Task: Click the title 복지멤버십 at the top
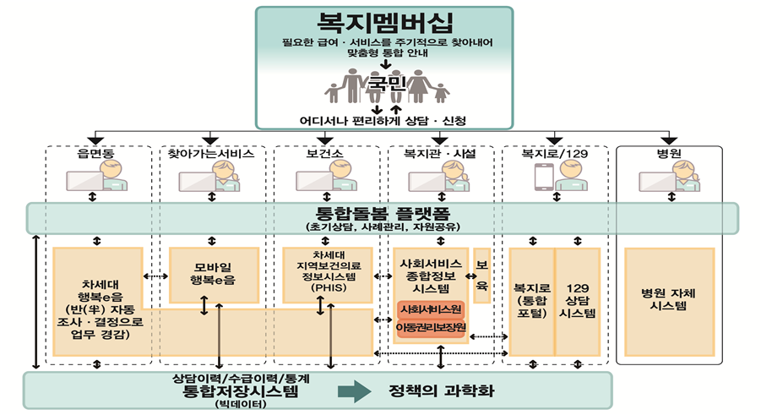pos(384,22)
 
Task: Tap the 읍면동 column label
pos(95,155)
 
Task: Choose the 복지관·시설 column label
pos(439,155)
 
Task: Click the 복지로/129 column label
pos(554,155)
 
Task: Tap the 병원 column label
pos(669,155)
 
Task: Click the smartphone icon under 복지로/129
pos(543,176)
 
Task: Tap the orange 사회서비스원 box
pos(431,309)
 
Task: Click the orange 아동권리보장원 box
pos(432,327)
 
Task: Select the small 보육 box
pos(482,276)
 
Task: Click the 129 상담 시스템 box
pos(578,299)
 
